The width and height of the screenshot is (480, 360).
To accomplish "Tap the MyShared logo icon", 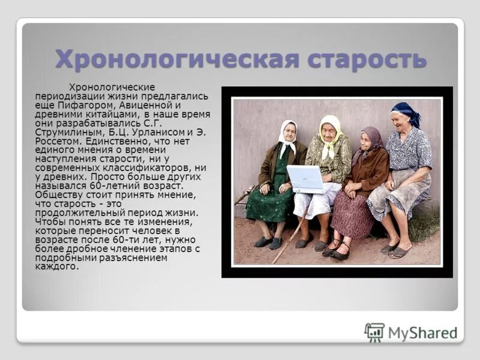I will tap(374, 332).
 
